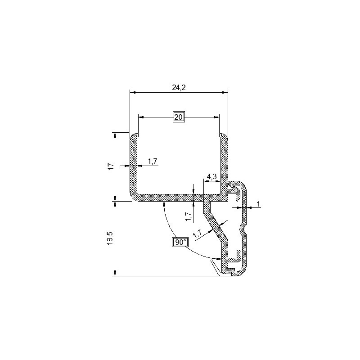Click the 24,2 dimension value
coord(179,88)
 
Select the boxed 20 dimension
coord(179,117)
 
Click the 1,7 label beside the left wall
coord(152,162)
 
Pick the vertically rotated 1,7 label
coord(188,217)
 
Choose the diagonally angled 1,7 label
coord(197,233)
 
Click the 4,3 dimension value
coord(211,176)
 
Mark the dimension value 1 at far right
coord(258,204)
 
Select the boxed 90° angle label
coord(180,243)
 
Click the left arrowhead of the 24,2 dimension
coord(132,93)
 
